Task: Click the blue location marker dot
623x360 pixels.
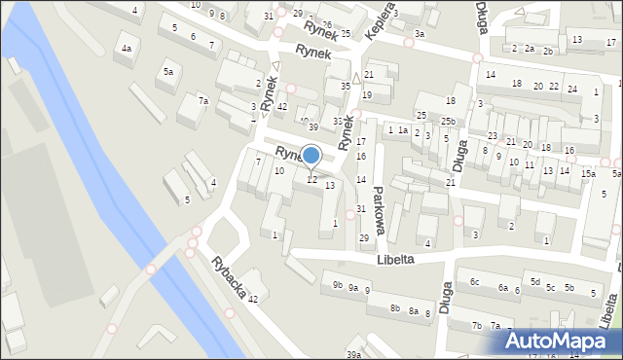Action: [x=311, y=155]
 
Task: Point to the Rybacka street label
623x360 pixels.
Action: [x=232, y=280]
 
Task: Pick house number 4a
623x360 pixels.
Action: [x=126, y=49]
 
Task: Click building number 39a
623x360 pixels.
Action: [x=352, y=355]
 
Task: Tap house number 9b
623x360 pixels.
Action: [x=337, y=285]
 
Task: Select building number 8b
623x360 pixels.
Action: [x=395, y=307]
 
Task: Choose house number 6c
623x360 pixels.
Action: [x=474, y=282]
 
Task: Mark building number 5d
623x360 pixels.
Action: [x=534, y=282]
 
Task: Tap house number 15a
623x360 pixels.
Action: [x=588, y=173]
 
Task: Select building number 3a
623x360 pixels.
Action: [x=419, y=34]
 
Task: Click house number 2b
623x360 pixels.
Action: [x=548, y=51]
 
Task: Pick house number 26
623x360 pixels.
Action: [x=327, y=24]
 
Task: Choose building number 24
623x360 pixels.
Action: [x=571, y=90]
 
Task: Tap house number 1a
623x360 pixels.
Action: [x=402, y=130]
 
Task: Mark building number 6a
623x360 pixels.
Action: [x=503, y=288]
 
